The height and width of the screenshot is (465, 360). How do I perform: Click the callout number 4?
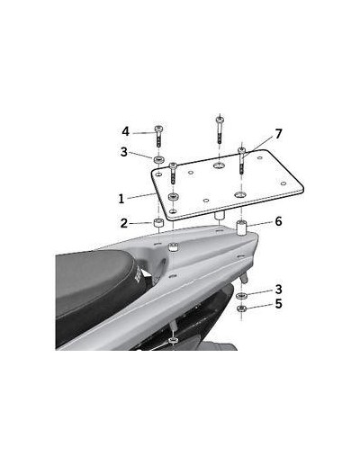[125, 131]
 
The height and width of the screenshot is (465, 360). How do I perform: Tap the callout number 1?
[121, 199]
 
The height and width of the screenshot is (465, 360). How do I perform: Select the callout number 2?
[124, 223]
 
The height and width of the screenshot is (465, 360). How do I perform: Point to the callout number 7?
[279, 134]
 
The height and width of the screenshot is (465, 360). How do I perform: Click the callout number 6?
[278, 221]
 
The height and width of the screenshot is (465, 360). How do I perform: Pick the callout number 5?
[279, 304]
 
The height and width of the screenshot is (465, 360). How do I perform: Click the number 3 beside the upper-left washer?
[124, 152]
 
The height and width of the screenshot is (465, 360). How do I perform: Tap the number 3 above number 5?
[279, 290]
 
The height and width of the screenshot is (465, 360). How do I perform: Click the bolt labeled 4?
[158, 137]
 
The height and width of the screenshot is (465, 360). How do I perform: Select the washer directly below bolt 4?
[159, 159]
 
